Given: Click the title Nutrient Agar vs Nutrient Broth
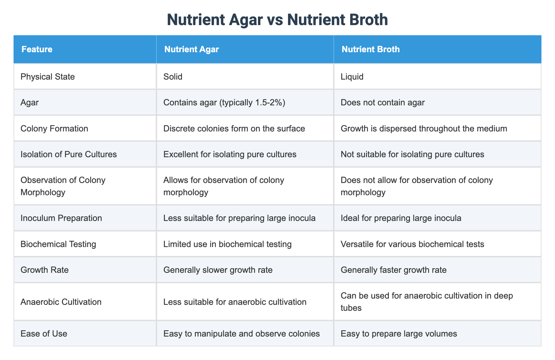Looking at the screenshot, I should point(277,20).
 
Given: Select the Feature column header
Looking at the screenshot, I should point(37,50).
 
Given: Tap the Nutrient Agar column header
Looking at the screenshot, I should point(192,50).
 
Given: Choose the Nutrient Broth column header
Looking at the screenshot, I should point(371,50).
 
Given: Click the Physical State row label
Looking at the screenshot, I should point(48,77).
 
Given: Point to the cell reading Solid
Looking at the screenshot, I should point(173,77).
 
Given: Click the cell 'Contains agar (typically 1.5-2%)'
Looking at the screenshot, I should point(224,102).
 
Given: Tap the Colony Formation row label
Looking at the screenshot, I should point(54,128).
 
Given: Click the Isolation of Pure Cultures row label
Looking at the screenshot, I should point(69,154).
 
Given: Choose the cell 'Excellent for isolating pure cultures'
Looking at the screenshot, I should point(230,154).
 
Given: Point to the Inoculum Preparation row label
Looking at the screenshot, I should point(61,218).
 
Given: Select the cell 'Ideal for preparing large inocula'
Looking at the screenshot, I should point(401,218).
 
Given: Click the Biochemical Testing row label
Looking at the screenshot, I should point(58,244).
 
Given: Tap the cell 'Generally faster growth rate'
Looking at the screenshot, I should point(394,270).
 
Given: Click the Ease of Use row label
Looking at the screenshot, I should point(44,334).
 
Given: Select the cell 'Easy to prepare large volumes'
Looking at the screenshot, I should point(399,334).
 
